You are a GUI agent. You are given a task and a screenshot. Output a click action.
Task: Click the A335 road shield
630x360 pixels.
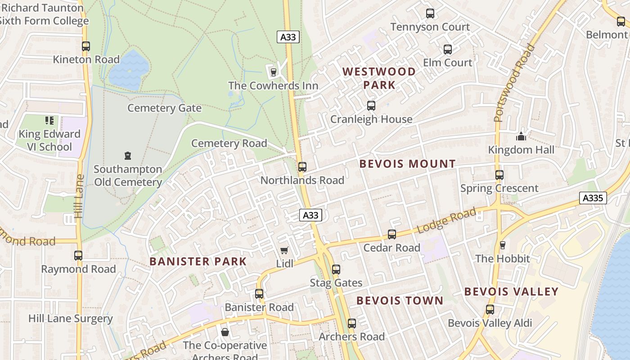[593, 198]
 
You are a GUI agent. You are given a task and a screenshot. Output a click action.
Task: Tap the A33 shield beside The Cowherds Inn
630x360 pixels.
[288, 37]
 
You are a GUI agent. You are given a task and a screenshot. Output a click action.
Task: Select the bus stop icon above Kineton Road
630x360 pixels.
[85, 46]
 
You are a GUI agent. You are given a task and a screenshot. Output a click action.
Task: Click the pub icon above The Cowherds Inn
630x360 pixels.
[273, 72]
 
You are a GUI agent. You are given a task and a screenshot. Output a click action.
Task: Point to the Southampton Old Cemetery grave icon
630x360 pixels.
[128, 156]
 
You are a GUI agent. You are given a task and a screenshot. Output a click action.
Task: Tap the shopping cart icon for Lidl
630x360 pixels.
[284, 250]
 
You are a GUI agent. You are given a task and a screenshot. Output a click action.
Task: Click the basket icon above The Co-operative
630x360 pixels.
[225, 332]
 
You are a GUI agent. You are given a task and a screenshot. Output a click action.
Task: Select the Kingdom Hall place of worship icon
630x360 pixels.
[521, 136]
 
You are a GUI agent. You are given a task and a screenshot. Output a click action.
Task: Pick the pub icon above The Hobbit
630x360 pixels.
[503, 245]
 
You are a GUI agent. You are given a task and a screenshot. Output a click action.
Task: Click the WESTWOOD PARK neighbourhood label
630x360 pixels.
[379, 78]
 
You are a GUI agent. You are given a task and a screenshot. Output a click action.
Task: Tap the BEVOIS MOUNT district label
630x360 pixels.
[408, 164]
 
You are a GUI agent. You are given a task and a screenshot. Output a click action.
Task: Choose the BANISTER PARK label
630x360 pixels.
[198, 261]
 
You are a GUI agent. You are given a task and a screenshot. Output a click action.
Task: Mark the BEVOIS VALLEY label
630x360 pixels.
[511, 292]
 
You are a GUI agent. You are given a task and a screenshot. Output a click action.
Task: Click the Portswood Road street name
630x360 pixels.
[514, 83]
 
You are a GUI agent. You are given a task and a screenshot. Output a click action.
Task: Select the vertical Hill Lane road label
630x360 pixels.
[80, 196]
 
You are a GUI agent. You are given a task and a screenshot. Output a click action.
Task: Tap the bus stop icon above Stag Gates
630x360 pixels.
[336, 270]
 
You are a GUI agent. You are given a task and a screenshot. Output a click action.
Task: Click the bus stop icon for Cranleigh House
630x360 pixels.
[371, 106]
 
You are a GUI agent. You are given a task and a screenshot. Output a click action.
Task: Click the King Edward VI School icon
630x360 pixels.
[49, 120]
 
